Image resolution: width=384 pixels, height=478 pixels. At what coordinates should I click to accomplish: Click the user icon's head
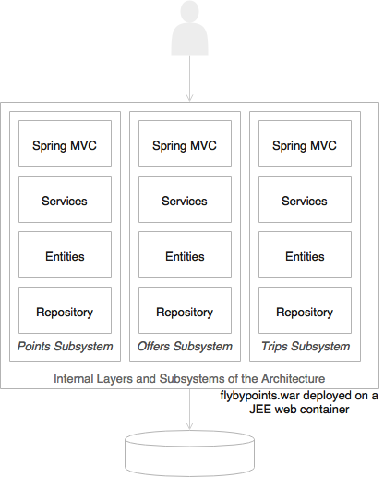(x=189, y=11)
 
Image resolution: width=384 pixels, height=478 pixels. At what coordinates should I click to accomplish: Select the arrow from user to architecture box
(x=189, y=79)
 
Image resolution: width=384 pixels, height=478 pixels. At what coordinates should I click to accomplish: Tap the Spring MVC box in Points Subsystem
(x=65, y=144)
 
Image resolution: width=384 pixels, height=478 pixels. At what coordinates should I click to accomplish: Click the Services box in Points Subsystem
(x=65, y=200)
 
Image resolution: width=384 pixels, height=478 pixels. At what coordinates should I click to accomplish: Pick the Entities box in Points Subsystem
(x=65, y=255)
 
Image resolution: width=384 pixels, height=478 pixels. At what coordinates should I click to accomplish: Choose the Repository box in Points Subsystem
(x=65, y=311)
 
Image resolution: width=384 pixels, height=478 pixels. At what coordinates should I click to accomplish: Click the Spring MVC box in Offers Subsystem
(x=185, y=144)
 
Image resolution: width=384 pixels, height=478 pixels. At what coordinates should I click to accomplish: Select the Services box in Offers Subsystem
(x=185, y=200)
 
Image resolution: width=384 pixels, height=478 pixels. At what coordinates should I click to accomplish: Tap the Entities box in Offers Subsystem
(x=185, y=255)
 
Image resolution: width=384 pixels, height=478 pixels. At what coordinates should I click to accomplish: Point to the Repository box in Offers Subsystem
(x=185, y=311)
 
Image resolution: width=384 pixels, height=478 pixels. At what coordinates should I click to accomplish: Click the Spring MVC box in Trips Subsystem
(x=305, y=144)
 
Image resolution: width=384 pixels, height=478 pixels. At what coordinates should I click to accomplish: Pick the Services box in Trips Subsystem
(x=305, y=200)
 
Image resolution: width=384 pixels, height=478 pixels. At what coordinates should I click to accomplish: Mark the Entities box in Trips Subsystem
(x=305, y=255)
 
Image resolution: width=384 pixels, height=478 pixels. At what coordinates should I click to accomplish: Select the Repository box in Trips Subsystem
(x=305, y=311)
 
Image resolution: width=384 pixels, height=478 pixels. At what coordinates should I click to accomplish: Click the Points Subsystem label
(x=66, y=347)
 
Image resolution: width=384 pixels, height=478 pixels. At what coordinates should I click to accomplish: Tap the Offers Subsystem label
(x=185, y=347)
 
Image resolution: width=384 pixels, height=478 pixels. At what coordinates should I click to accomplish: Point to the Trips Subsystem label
(x=306, y=347)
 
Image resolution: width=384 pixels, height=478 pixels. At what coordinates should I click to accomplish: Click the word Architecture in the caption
(x=293, y=378)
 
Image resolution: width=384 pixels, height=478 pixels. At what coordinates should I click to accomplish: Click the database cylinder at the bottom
(x=189, y=453)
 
